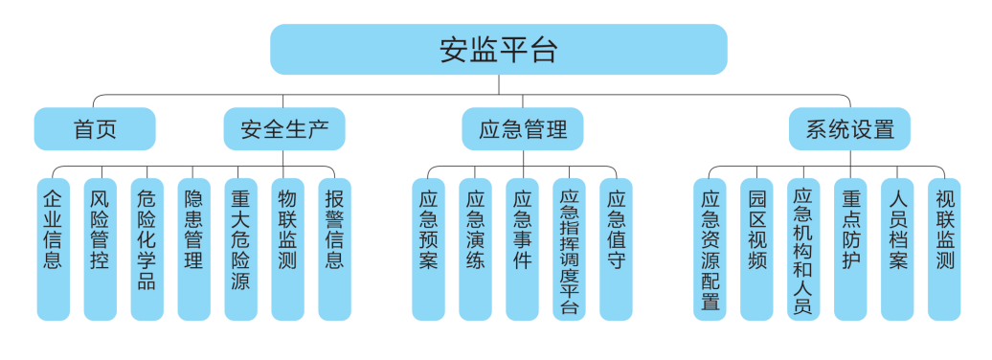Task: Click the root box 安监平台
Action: pos(498,50)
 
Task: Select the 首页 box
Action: pos(95,129)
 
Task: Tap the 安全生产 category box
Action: pos(284,129)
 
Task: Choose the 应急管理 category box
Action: pos(522,129)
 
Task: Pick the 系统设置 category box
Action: pos(848,129)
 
